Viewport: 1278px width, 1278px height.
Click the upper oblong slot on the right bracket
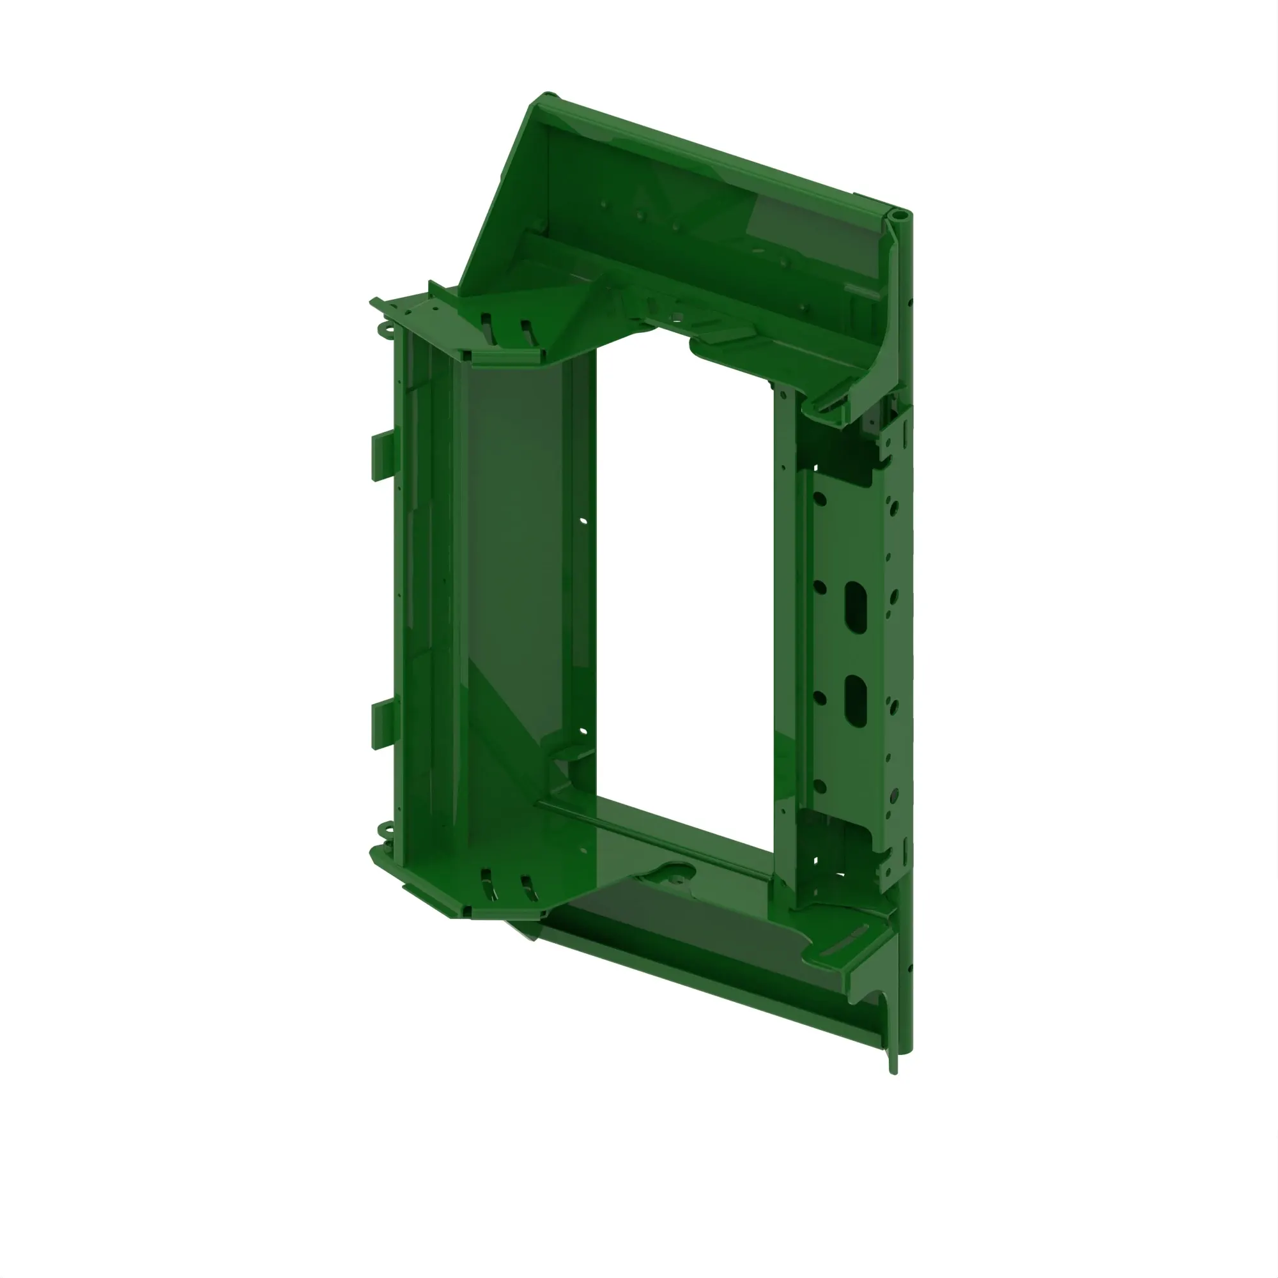(856, 605)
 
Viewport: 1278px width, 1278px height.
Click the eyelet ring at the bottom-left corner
(385, 829)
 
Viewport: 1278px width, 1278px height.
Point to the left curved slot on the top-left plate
(487, 328)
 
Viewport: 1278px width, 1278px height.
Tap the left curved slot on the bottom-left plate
(489, 885)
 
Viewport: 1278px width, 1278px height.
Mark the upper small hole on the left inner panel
(583, 521)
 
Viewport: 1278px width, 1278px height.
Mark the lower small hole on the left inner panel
(583, 732)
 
